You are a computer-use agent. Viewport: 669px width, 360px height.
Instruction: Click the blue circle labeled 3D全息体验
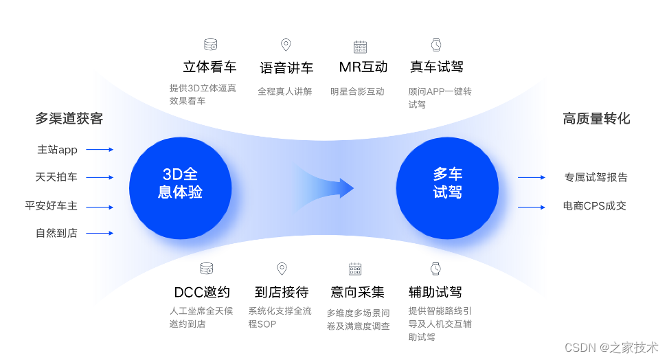[180, 183]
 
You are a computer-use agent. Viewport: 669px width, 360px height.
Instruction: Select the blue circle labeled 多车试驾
[447, 183]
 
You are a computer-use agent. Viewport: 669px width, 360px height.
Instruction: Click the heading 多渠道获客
[69, 119]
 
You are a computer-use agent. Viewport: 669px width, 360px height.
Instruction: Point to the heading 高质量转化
[596, 119]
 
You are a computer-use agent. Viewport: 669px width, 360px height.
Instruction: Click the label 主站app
[58, 149]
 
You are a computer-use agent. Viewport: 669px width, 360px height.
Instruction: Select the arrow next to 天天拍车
[100, 177]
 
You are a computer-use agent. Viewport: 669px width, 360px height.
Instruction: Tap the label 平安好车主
[52, 205]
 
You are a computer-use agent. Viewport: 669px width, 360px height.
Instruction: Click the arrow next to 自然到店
[100, 234]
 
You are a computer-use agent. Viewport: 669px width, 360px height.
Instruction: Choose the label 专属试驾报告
[596, 177]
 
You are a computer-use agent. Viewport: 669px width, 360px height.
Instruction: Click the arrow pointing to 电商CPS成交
[531, 206]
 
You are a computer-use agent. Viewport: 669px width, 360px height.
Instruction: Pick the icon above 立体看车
[210, 45]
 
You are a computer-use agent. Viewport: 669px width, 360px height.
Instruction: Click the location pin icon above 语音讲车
[286, 45]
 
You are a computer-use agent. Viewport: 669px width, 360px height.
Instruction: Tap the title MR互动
[363, 67]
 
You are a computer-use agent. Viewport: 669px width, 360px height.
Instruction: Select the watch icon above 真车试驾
[436, 45]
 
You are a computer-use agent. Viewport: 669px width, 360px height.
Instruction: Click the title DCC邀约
[202, 292]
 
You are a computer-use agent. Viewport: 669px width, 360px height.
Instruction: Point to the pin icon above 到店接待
[281, 269]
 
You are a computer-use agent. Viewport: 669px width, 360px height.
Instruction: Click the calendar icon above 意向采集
[355, 269]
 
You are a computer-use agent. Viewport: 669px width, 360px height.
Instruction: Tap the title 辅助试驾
[435, 292]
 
